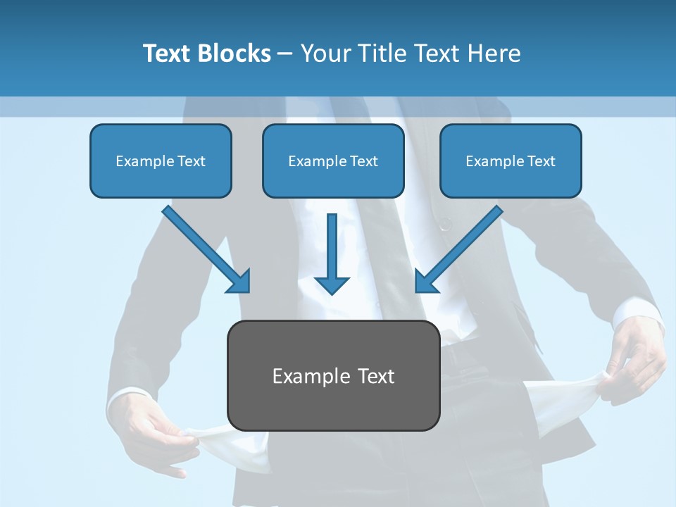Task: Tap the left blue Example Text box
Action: pyautogui.click(x=161, y=161)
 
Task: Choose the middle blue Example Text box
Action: pyautogui.click(x=333, y=161)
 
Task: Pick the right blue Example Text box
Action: pyautogui.click(x=511, y=161)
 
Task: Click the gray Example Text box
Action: pyautogui.click(x=333, y=375)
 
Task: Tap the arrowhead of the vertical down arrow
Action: pyautogui.click(x=332, y=284)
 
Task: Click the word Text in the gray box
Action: pyautogui.click(x=377, y=376)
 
